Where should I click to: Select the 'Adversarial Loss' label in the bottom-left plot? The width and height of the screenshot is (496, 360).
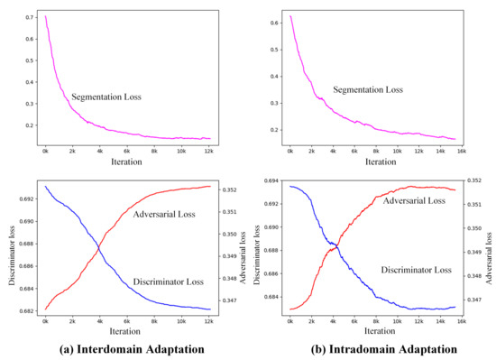(x=170, y=214)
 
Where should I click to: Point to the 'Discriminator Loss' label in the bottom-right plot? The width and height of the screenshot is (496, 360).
(x=416, y=269)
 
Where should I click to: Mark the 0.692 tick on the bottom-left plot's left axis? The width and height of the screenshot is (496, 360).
(x=27, y=198)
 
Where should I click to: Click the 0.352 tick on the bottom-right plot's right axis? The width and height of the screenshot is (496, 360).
(x=484, y=181)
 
